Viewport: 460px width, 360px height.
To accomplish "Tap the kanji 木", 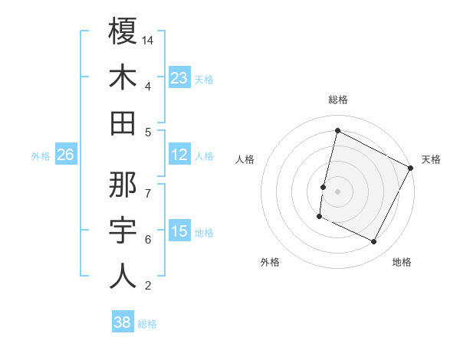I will tap(123, 78).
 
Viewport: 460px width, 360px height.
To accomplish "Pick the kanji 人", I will tap(123, 276).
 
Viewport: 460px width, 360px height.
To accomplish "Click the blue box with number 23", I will tap(179, 78).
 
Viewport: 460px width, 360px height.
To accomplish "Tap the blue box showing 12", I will tap(179, 155).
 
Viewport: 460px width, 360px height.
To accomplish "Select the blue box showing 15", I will tap(179, 232).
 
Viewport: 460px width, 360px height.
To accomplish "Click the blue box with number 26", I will tap(65, 155).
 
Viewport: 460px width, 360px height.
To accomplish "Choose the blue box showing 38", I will tap(123, 322).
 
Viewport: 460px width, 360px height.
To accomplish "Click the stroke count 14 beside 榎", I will tap(148, 40).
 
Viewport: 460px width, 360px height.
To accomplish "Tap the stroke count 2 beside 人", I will tap(148, 286).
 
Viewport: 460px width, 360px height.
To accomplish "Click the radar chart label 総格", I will tap(337, 100).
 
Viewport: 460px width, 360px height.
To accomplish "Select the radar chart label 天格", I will tap(431, 159).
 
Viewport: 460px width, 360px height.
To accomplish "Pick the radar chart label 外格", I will tap(270, 262).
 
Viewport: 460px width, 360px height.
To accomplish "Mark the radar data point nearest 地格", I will tap(374, 242).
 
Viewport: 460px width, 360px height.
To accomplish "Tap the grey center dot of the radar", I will tap(337, 191).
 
